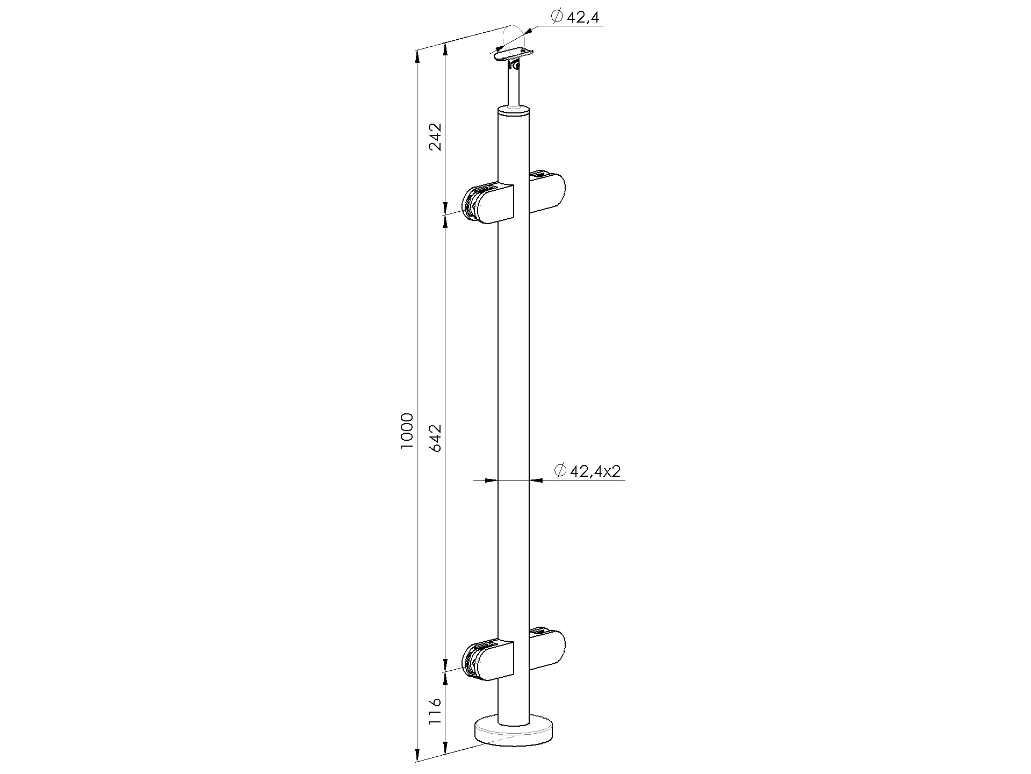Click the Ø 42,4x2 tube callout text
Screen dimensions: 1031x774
point(587,471)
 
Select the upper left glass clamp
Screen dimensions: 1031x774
point(488,204)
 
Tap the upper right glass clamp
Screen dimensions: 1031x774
point(547,191)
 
